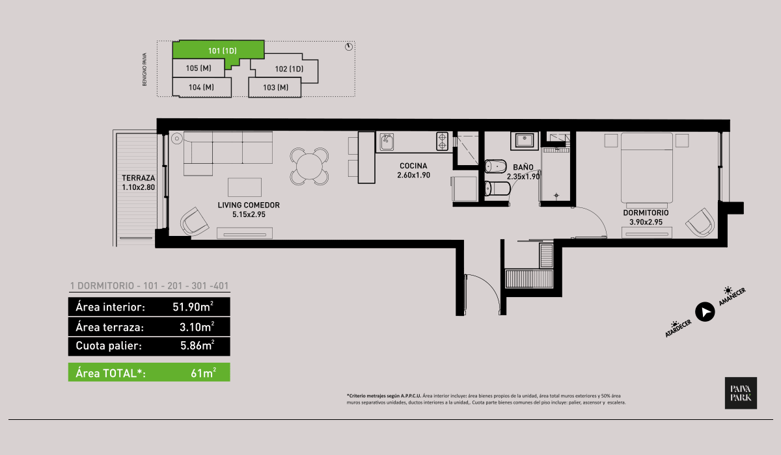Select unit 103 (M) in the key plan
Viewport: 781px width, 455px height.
[x=276, y=87]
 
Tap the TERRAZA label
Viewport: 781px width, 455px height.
[x=138, y=177]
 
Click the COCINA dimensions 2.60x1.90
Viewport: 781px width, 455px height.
[x=415, y=175]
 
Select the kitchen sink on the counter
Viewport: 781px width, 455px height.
[x=388, y=141]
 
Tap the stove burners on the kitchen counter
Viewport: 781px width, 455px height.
[x=442, y=141]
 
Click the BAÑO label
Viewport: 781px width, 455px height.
[x=523, y=167]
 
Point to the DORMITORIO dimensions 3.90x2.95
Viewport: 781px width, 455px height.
[x=646, y=222]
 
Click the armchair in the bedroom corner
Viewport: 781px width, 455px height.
[x=700, y=222]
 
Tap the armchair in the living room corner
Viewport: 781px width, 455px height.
[x=194, y=221]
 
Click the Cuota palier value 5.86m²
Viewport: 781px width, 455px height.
[x=197, y=346]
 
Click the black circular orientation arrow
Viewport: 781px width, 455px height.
[x=704, y=312]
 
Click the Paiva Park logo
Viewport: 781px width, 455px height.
[x=741, y=393]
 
